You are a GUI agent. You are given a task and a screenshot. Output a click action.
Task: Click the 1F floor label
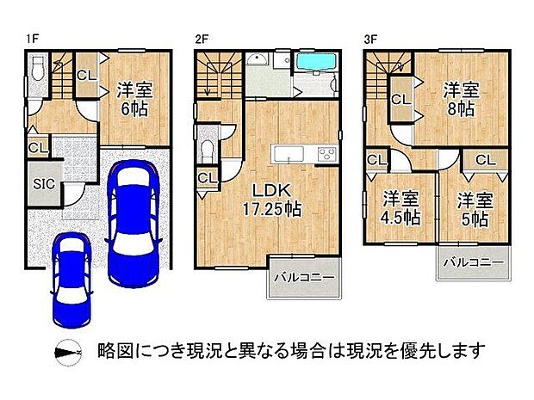pos(31,38)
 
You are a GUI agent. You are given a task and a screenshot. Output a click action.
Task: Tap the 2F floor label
pos(202,38)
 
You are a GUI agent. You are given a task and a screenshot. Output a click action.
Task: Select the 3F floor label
pos(370,38)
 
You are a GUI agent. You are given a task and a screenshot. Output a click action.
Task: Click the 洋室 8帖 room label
pos(461,98)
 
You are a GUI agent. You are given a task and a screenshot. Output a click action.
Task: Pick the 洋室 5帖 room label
pos(472,209)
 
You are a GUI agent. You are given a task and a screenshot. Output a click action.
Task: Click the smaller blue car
pos(70,275)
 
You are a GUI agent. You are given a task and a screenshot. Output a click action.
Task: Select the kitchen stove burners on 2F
pos(326,154)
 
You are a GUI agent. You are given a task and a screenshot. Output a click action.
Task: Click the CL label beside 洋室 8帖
pos(400,100)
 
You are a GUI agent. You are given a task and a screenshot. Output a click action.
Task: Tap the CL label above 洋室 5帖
pos(485,160)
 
